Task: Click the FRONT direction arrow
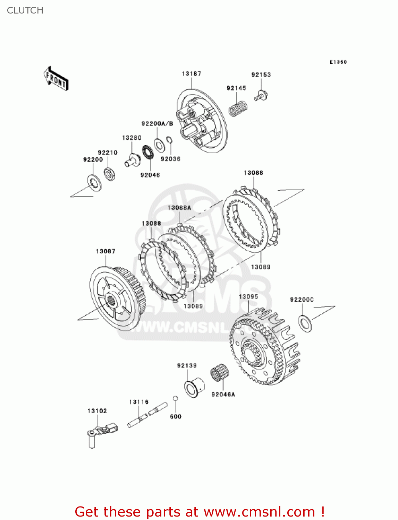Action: click(x=56, y=79)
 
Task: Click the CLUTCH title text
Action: click(x=25, y=10)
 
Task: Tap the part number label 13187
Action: click(x=191, y=73)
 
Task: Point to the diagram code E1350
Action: click(x=338, y=62)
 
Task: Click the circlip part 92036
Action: click(x=169, y=140)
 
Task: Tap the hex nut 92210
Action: click(x=110, y=173)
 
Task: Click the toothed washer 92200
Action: click(x=94, y=182)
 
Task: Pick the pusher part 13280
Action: click(x=132, y=161)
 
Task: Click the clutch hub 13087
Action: click(x=116, y=298)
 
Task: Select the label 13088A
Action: click(x=179, y=208)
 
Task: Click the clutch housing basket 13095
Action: click(x=264, y=347)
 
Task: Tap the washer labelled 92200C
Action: click(x=305, y=323)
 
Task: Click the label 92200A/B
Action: click(x=157, y=123)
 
